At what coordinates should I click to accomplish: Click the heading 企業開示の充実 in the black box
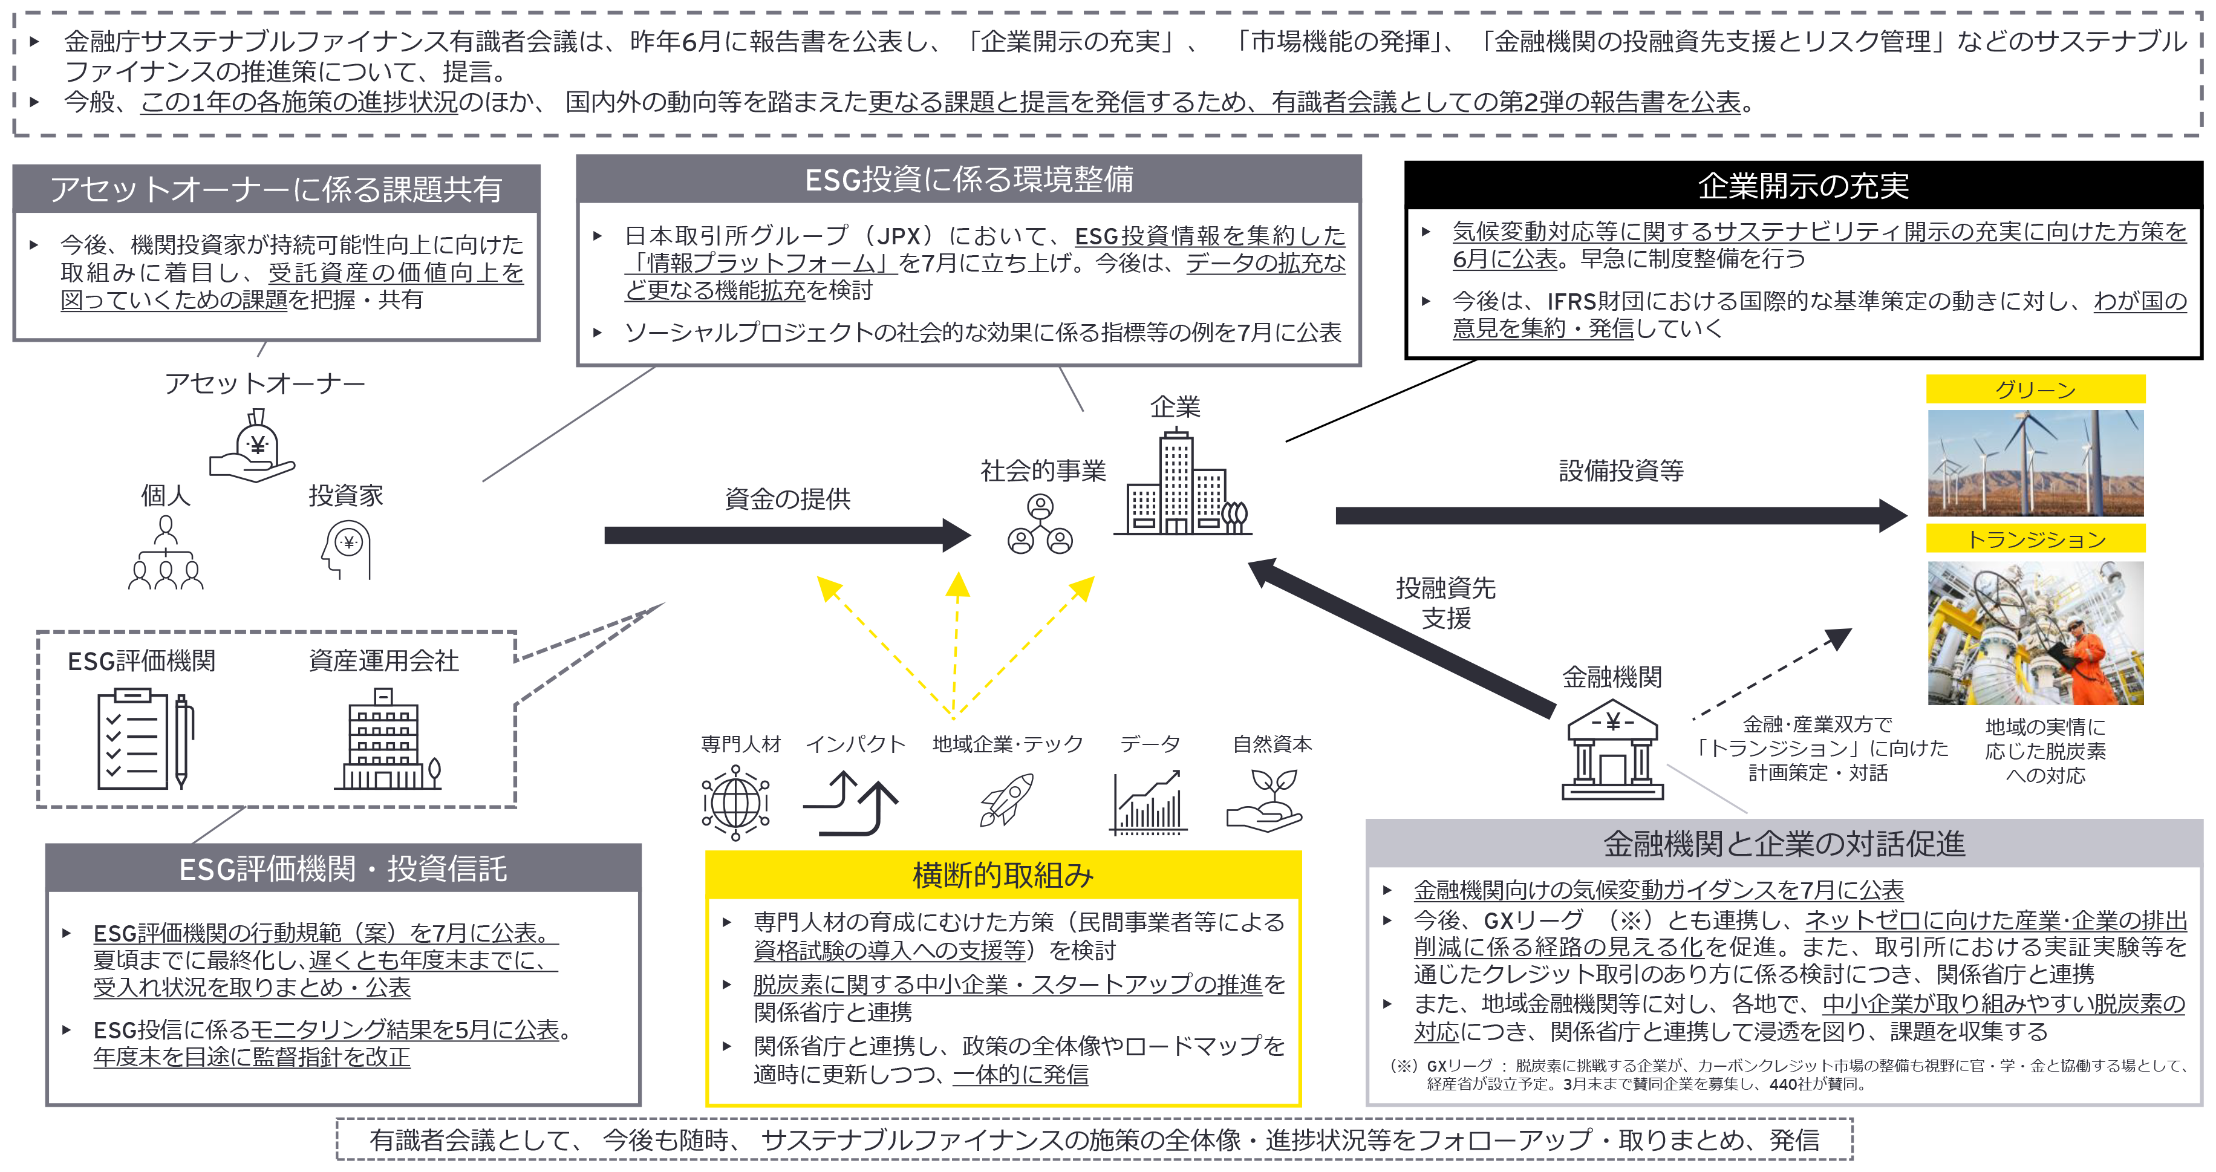1803,186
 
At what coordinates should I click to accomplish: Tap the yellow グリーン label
2035,389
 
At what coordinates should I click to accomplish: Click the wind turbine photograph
2035,463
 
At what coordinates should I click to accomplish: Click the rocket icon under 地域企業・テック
1005,799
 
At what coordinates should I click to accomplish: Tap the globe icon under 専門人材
735,803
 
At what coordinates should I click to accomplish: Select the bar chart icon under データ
1149,803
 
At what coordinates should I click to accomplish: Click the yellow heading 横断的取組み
1003,875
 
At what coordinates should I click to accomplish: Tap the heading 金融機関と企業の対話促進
1784,844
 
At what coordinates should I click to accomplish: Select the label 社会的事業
1043,470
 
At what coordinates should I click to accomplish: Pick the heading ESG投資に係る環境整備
969,180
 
